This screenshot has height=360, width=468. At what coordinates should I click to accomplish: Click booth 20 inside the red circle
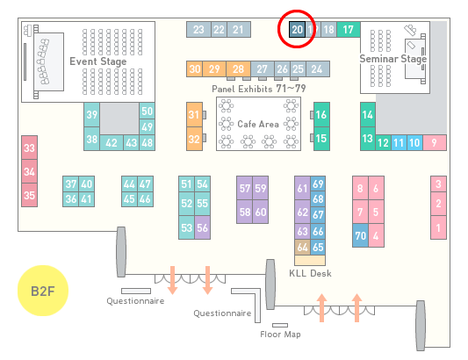pyautogui.click(x=298, y=30)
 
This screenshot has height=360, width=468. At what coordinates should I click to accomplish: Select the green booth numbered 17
pyautogui.click(x=349, y=30)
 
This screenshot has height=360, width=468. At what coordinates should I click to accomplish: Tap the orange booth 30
pyautogui.click(x=194, y=69)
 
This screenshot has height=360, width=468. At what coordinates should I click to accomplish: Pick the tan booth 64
pyautogui.click(x=302, y=247)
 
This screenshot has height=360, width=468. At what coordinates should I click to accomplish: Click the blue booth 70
pyautogui.click(x=360, y=235)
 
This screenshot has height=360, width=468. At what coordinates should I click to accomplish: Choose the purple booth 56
pyautogui.click(x=202, y=227)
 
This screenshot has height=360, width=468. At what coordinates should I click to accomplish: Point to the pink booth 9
pyautogui.click(x=435, y=143)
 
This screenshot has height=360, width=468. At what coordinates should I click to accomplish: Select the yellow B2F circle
pyautogui.click(x=43, y=291)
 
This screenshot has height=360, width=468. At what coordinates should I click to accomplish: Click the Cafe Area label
pyautogui.click(x=258, y=124)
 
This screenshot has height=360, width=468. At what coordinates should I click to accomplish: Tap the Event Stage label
pyautogui.click(x=98, y=61)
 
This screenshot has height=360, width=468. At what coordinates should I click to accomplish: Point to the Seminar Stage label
pyautogui.click(x=393, y=59)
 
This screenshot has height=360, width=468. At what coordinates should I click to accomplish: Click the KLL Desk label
pyautogui.click(x=310, y=273)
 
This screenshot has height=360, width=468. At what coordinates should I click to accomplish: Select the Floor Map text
pyautogui.click(x=280, y=334)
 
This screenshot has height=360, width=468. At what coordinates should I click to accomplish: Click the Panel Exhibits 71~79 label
pyautogui.click(x=259, y=89)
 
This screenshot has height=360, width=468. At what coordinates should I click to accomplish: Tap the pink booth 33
pyautogui.click(x=29, y=148)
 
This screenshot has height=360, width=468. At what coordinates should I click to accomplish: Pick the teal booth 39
pyautogui.click(x=91, y=115)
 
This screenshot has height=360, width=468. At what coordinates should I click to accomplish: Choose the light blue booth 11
pyautogui.click(x=399, y=143)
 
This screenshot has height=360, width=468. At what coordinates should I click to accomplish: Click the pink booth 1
pyautogui.click(x=438, y=227)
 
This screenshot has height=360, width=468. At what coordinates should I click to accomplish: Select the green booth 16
pyautogui.click(x=321, y=115)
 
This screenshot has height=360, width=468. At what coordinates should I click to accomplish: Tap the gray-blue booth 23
pyautogui.click(x=198, y=30)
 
